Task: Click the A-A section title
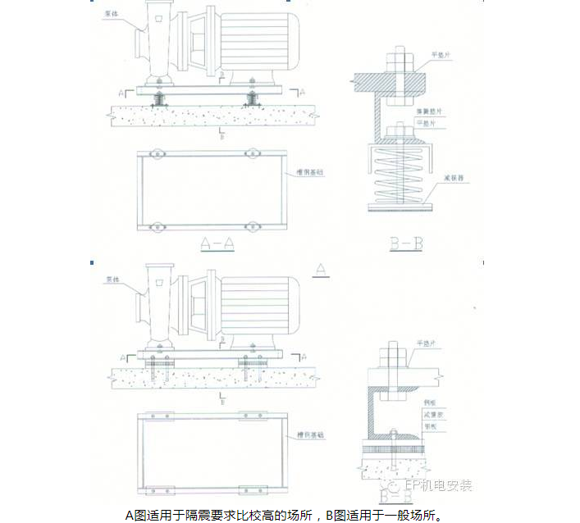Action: pos(217,243)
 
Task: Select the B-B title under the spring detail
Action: pos(407,243)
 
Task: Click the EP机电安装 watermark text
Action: pos(442,485)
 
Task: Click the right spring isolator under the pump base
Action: pos(251,98)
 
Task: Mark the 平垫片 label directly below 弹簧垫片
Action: pos(430,121)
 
